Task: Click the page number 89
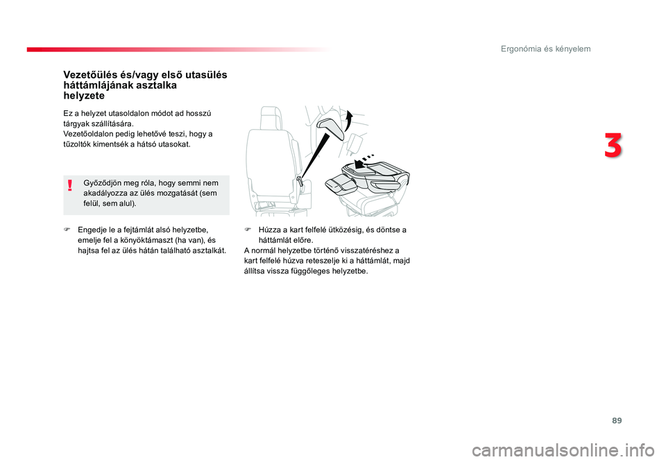point(617,420)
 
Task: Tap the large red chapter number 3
point(613,145)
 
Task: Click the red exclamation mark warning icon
point(70,185)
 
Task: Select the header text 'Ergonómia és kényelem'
point(545,49)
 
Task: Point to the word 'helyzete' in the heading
point(84,96)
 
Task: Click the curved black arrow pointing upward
point(348,120)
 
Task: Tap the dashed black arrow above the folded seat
point(364,162)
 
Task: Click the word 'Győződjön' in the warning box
point(102,183)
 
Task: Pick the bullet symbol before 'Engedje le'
point(67,230)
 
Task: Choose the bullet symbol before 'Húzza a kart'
point(247,230)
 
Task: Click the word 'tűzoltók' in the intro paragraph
point(77,144)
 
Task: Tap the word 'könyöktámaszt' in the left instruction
point(144,240)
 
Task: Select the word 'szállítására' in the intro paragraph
point(112,124)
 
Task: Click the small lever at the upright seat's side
point(301,181)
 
